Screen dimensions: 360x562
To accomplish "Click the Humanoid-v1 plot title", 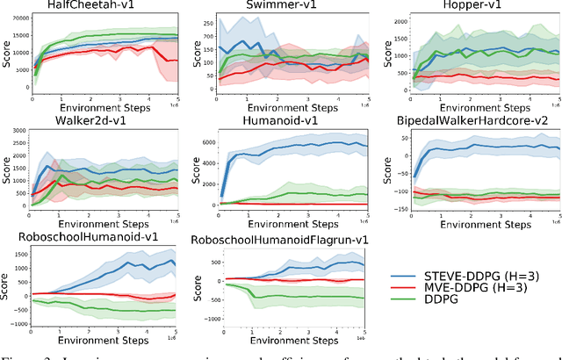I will tap(290, 122).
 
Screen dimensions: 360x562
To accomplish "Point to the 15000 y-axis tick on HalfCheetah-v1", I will tap(17, 34).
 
